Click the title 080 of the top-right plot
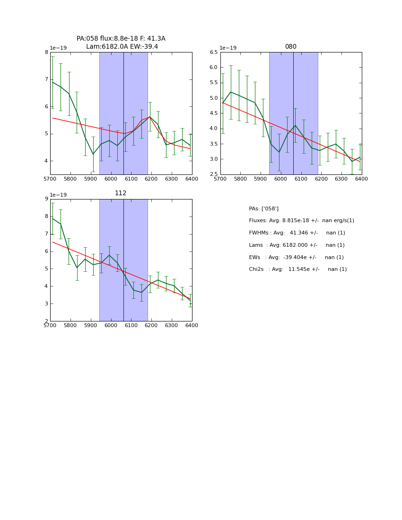(291, 47)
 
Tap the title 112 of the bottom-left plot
(121, 193)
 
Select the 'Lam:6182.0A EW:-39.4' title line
(122, 47)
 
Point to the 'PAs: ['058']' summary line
(263, 208)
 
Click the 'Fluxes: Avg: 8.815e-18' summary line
(301, 221)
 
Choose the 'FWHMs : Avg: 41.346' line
(297, 233)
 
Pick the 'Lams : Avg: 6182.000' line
(297, 245)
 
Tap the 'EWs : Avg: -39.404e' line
(296, 258)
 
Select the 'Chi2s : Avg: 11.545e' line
(297, 269)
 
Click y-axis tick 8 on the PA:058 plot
(46, 52)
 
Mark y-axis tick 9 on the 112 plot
(46, 199)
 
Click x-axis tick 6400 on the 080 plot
(361, 179)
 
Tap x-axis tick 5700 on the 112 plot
(50, 326)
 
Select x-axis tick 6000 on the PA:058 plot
(111, 179)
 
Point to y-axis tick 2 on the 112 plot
(46, 321)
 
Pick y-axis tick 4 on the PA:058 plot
(46, 161)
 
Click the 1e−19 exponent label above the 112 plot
(58, 195)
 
